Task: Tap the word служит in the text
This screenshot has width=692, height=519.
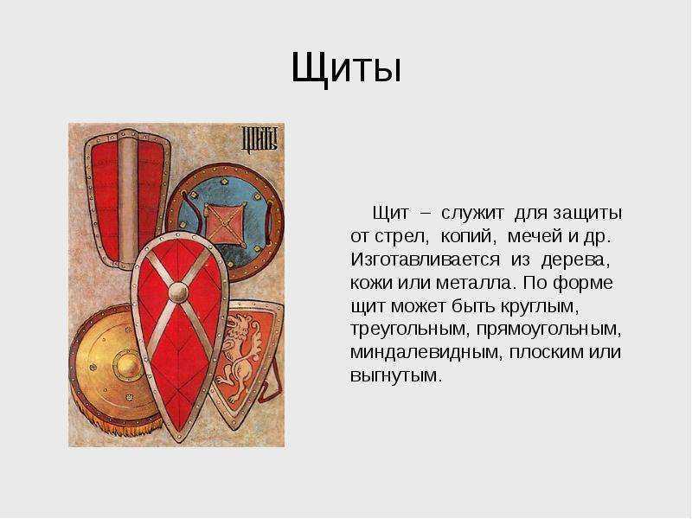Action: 472,213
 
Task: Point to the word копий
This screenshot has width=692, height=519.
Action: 469,236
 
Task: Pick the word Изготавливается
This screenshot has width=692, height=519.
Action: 425,259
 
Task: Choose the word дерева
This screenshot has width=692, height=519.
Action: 575,260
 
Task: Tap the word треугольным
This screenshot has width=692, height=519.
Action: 408,330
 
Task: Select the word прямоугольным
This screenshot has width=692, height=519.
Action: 549,330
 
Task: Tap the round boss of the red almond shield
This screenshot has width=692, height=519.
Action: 178,292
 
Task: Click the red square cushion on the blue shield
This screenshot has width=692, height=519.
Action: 224,224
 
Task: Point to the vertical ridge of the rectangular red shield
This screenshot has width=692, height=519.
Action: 127,200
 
